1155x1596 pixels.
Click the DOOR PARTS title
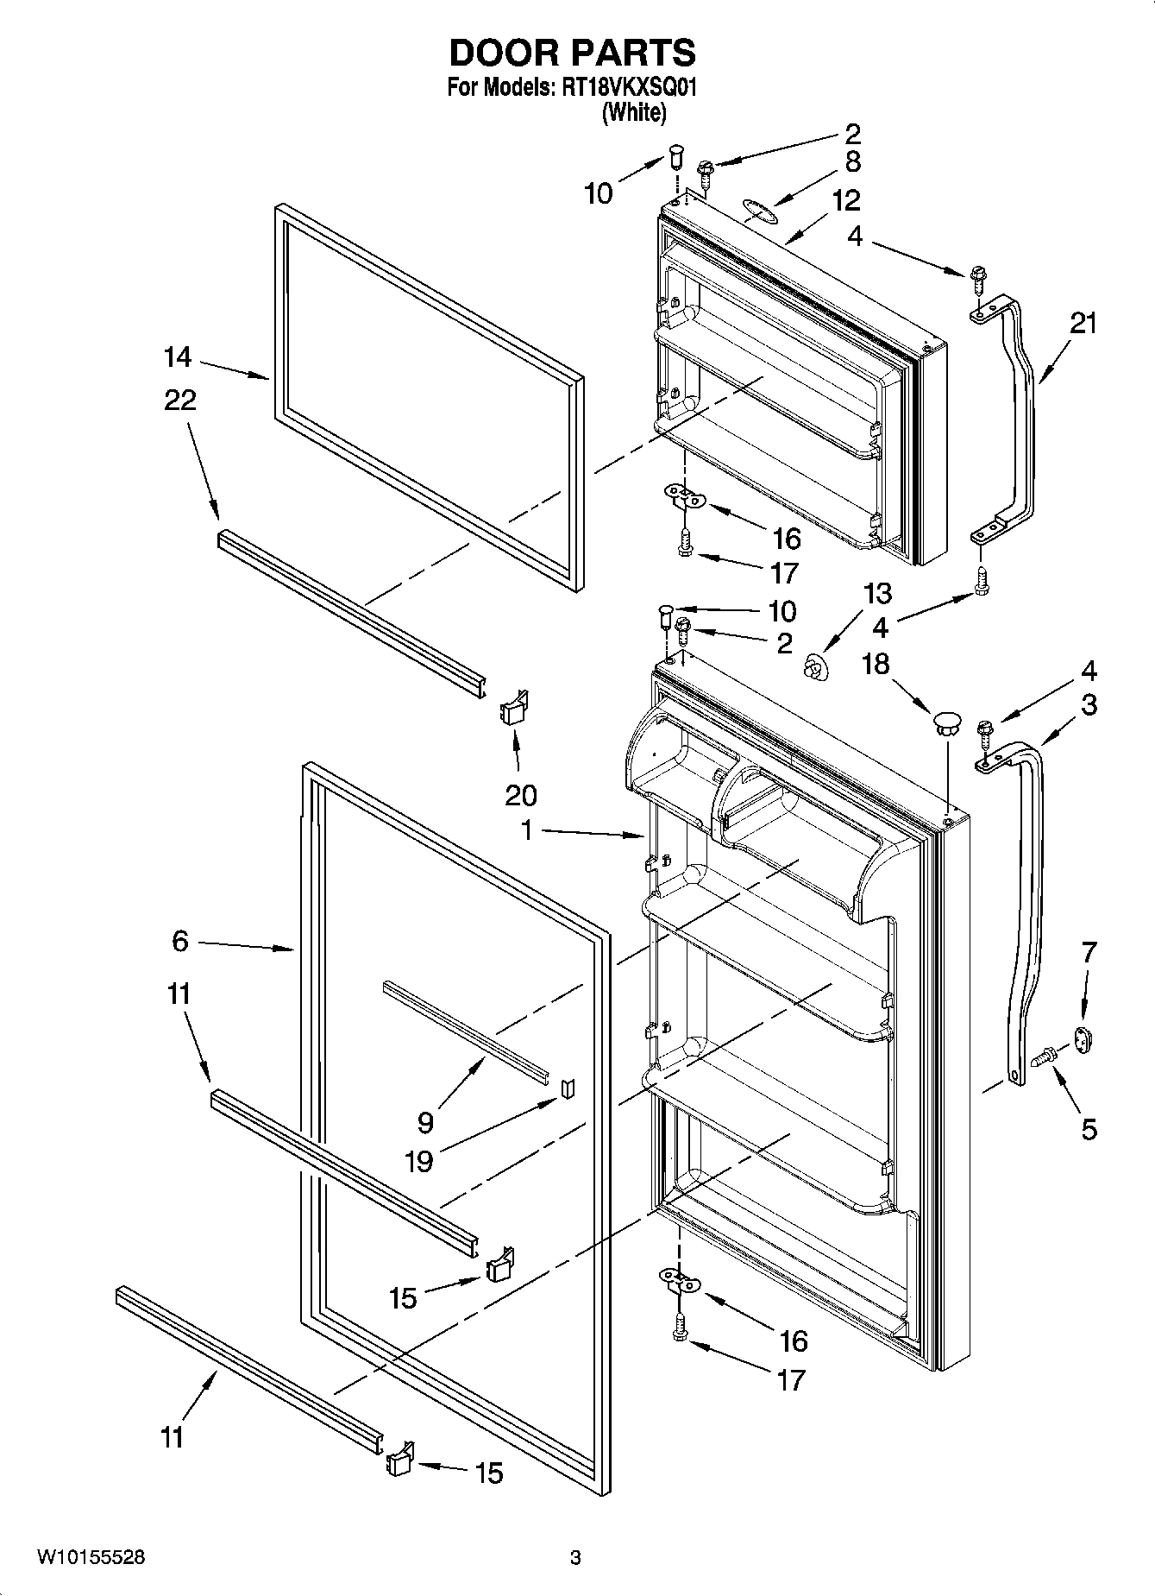click(572, 54)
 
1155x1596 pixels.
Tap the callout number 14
click(179, 356)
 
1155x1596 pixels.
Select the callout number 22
click(179, 400)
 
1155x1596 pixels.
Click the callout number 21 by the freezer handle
click(1083, 324)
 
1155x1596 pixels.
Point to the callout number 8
click(852, 162)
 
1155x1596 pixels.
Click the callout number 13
click(877, 594)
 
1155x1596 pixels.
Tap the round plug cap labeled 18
click(947, 721)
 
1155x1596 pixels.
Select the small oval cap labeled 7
click(1083, 1038)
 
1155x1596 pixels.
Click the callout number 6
click(179, 941)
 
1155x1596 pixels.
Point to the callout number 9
click(424, 1122)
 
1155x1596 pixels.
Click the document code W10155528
click(91, 1557)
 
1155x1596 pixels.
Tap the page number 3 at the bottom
click(575, 1558)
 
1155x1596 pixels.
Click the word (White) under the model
click(633, 111)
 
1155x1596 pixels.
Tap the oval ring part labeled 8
click(758, 210)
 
